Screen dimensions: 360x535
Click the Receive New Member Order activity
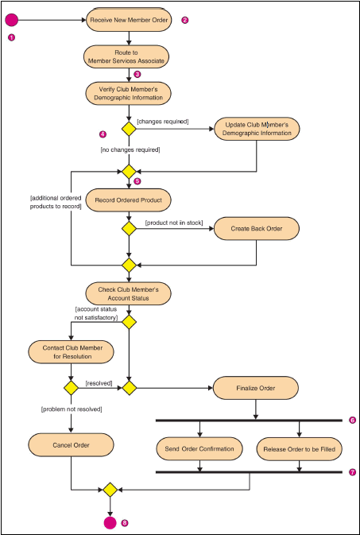pyautogui.click(x=129, y=20)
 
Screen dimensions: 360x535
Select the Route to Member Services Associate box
pyautogui.click(x=127, y=57)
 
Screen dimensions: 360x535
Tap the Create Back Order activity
pyautogui.click(x=257, y=229)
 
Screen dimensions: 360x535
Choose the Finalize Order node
pyautogui.click(x=256, y=388)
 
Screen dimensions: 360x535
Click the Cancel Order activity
pyautogui.click(x=71, y=445)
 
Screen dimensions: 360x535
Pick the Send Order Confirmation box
pyautogui.click(x=199, y=448)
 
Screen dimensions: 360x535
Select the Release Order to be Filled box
pyautogui.click(x=300, y=448)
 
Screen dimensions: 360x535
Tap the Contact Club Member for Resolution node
pyautogui.click(x=71, y=352)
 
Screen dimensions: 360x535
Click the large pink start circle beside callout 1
pyautogui.click(x=11, y=20)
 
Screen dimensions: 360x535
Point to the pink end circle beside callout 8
pyautogui.click(x=110, y=522)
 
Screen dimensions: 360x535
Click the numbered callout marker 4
pyautogui.click(x=103, y=134)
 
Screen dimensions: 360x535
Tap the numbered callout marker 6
pyautogui.click(x=353, y=420)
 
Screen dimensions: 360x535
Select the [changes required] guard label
pyautogui.click(x=163, y=121)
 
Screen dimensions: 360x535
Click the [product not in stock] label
pyautogui.click(x=174, y=223)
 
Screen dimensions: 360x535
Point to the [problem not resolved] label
pyautogui.click(x=72, y=409)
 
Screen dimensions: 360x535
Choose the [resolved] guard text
pyautogui.click(x=99, y=383)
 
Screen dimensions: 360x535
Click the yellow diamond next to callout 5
pyautogui.click(x=129, y=172)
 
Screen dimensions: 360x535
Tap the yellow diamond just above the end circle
pyautogui.click(x=110, y=490)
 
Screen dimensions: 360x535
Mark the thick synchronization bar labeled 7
pyautogui.click(x=249, y=472)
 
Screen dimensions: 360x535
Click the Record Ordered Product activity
pyautogui.click(x=128, y=200)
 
